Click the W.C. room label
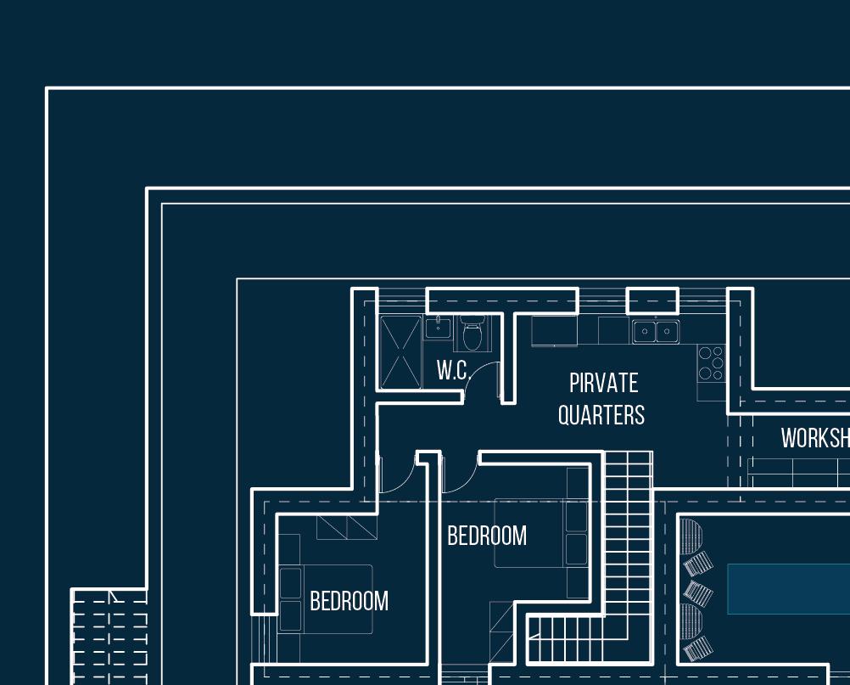[x=453, y=370]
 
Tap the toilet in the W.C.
[x=473, y=334]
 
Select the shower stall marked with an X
[x=400, y=352]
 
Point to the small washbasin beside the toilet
[x=438, y=328]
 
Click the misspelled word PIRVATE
[x=603, y=383]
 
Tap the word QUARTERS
[x=601, y=415]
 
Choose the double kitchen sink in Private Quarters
[x=656, y=331]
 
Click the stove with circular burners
[x=711, y=363]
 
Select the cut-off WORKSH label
[x=815, y=438]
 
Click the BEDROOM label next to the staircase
[x=487, y=536]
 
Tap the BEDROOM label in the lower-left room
[x=349, y=601]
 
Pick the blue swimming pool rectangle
[x=788, y=588]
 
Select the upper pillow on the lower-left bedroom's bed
[x=290, y=583]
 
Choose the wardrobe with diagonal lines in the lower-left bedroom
[x=347, y=526]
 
